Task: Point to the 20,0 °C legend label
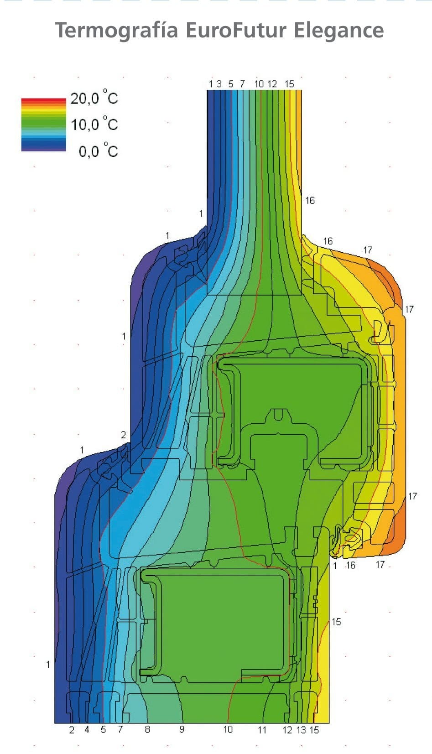click(x=94, y=98)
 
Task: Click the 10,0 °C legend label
click(x=94, y=124)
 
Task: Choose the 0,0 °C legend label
click(x=99, y=151)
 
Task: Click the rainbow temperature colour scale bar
click(x=43, y=125)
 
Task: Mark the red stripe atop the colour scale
click(x=43, y=100)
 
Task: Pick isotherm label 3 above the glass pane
click(x=219, y=84)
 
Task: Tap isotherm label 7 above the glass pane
click(x=242, y=84)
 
